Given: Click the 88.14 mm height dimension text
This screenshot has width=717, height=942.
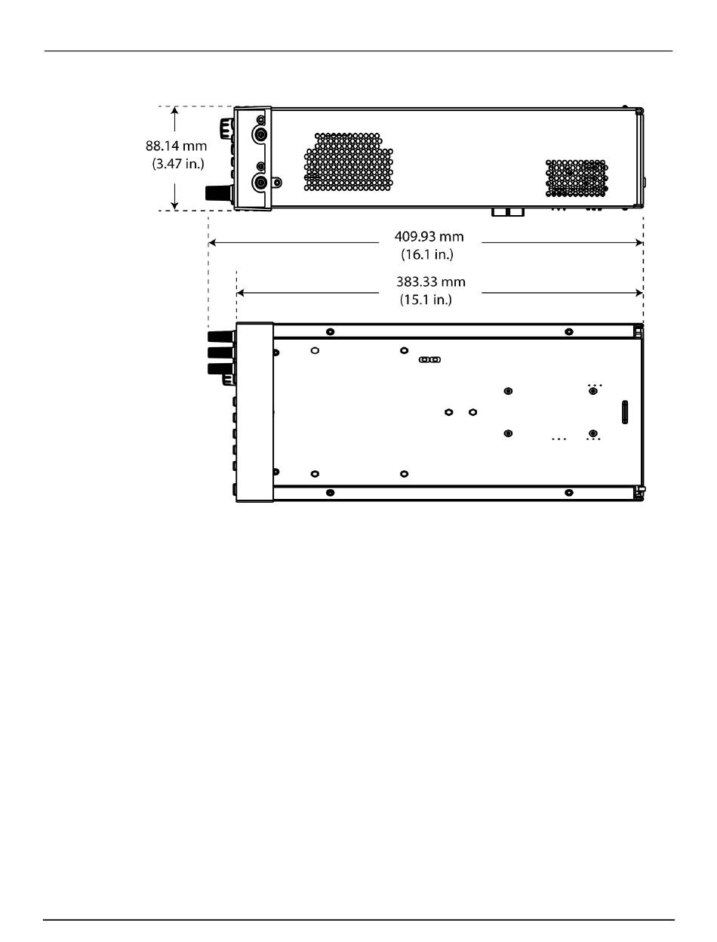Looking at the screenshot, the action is click(x=176, y=146).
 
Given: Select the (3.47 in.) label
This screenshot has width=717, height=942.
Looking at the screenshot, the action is click(x=178, y=164).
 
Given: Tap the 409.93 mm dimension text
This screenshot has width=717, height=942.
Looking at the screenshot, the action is click(x=429, y=236).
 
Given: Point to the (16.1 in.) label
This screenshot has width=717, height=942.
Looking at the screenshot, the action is click(x=427, y=254).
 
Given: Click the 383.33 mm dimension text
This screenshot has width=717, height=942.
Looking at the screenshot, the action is click(x=431, y=282).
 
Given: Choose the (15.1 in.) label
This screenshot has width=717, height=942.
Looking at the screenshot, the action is click(x=426, y=300).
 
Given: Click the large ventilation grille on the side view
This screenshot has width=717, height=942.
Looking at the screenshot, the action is click(x=349, y=162).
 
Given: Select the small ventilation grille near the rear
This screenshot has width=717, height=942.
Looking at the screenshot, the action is click(x=577, y=178).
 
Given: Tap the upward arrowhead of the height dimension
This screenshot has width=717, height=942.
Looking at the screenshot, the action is click(x=174, y=110).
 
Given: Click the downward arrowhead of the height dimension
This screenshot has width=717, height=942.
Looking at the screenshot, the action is click(x=174, y=206).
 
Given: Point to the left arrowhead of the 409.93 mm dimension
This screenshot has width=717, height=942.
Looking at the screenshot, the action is click(x=212, y=243).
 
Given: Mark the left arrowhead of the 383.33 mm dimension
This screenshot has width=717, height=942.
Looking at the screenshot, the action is click(x=240, y=293).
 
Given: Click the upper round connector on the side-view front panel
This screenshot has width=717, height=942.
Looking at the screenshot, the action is click(x=260, y=135).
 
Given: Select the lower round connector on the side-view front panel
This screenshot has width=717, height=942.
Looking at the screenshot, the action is click(x=260, y=183).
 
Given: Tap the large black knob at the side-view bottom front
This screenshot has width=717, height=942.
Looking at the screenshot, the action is click(x=219, y=192).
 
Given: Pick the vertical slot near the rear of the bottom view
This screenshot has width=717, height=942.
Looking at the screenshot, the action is click(x=625, y=412).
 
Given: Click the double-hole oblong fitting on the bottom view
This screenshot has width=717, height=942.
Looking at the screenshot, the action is click(x=429, y=359).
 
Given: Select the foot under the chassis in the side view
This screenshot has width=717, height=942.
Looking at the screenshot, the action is click(x=508, y=212).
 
